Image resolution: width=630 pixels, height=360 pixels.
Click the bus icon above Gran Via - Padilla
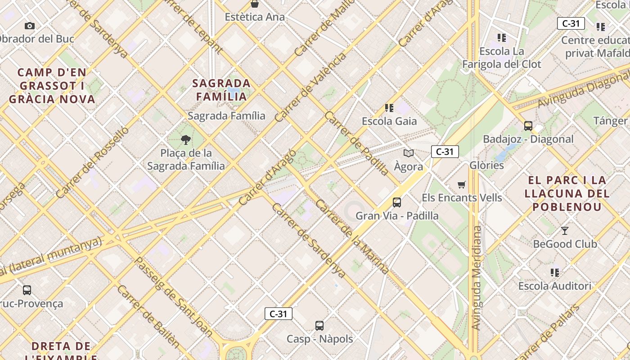click(396, 202)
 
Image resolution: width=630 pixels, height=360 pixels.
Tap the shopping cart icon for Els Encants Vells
click(461, 184)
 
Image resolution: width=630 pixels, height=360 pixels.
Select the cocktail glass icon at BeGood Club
click(565, 231)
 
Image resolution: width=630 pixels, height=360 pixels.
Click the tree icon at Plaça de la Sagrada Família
click(185, 140)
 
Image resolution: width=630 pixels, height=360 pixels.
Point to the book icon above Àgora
click(409, 153)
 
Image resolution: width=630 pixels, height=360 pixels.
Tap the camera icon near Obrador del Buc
click(30, 26)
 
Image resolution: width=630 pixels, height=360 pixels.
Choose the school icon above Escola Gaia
click(389, 108)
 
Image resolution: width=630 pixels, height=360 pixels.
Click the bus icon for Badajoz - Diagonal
click(528, 126)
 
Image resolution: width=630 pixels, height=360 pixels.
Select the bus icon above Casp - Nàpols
click(319, 325)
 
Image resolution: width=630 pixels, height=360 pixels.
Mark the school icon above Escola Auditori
click(555, 273)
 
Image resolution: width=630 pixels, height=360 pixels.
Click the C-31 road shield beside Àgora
click(445, 152)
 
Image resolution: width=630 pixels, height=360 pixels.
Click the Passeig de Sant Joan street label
click(174, 297)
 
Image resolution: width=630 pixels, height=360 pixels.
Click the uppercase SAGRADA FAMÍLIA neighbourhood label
click(221, 90)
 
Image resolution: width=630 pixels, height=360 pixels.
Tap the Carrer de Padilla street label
click(356, 143)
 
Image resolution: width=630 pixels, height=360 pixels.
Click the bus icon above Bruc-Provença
click(27, 290)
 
